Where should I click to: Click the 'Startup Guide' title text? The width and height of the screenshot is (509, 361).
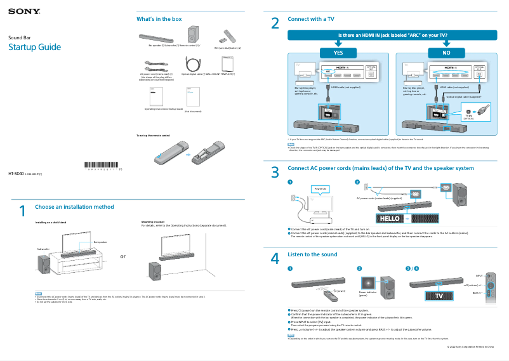[34, 48]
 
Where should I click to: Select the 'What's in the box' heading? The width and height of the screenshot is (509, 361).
[155, 19]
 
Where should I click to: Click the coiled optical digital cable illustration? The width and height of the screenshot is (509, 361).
[192, 63]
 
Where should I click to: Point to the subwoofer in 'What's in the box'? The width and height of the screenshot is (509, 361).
[192, 35]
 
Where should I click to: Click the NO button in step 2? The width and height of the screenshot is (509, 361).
[447, 53]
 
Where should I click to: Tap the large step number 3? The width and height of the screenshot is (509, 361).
[275, 173]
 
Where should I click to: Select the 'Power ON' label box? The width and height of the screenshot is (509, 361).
[320, 189]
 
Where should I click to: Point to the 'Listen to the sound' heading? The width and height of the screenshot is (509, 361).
[312, 254]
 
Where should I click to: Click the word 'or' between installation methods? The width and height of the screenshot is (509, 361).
[123, 257]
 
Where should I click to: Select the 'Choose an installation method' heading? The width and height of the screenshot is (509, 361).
[74, 207]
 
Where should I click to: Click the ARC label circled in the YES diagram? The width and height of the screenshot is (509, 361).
[328, 72]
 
